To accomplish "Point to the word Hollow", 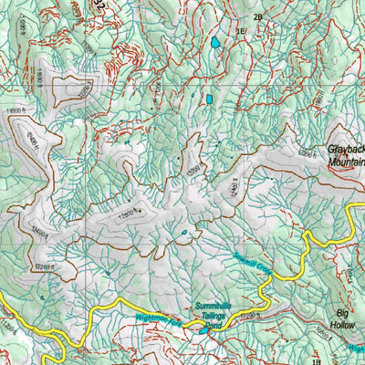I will (344, 322).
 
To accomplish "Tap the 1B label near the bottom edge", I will (317, 359).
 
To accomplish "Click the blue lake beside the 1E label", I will (215, 42).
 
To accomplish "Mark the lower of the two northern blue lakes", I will (208, 99).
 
